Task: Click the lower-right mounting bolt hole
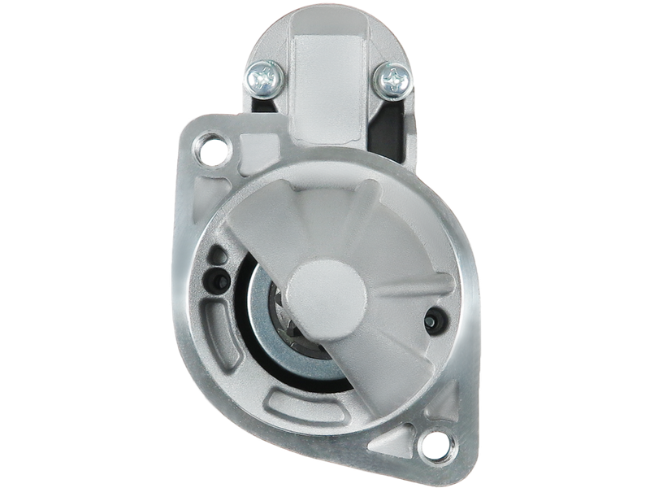click(434, 443)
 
